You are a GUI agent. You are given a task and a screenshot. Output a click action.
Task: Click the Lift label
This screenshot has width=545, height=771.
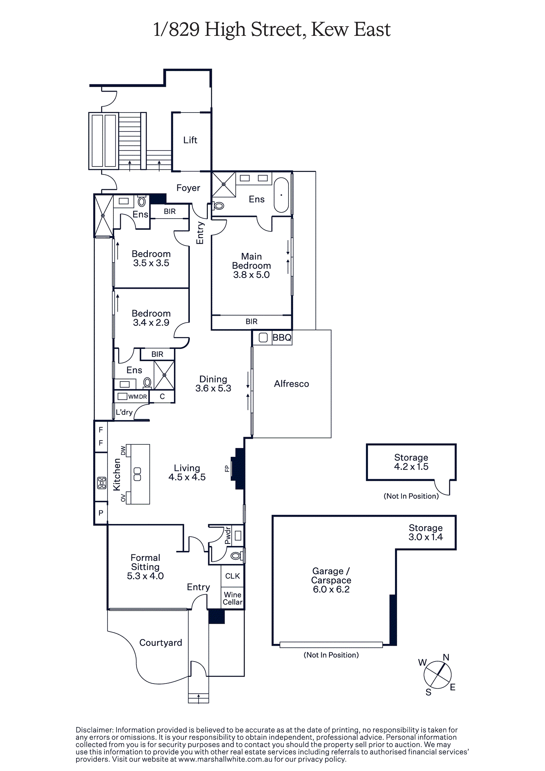click(190, 140)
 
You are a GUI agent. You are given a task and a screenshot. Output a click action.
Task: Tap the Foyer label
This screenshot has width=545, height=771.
click(188, 188)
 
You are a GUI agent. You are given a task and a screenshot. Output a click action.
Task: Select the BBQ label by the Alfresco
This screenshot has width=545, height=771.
click(282, 338)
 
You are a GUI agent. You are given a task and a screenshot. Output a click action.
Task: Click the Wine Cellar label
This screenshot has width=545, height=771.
click(233, 598)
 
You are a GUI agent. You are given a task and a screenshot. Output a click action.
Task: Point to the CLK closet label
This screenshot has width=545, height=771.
click(233, 576)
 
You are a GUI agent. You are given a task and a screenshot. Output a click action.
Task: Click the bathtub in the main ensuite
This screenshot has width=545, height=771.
click(281, 195)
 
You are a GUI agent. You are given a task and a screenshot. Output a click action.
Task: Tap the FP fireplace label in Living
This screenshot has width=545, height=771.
click(227, 469)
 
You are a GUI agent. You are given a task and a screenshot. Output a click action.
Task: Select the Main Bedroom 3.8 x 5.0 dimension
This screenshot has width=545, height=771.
click(251, 275)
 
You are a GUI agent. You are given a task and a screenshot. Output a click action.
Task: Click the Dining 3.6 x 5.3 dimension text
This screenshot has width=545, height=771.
click(213, 388)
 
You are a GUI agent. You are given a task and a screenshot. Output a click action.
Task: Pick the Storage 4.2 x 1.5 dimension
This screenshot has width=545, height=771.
click(411, 466)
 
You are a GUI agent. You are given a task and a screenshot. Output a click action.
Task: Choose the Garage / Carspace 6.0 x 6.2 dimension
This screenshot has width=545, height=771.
click(331, 589)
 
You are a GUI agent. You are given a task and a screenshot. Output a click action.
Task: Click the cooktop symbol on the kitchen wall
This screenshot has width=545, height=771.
click(102, 483)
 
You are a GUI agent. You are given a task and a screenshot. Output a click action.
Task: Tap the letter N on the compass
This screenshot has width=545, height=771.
click(446, 657)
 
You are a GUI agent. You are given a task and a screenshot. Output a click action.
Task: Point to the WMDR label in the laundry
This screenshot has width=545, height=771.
click(138, 397)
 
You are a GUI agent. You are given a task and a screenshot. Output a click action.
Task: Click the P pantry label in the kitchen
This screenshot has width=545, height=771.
click(101, 513)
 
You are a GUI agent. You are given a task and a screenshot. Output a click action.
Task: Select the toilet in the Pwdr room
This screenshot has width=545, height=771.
click(236, 556)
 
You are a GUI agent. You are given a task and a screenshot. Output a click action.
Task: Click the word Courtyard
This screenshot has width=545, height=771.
click(160, 643)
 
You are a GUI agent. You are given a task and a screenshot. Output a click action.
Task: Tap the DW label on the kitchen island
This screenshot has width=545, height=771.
click(123, 450)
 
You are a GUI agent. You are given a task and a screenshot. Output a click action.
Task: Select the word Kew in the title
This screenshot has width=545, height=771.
click(329, 29)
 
